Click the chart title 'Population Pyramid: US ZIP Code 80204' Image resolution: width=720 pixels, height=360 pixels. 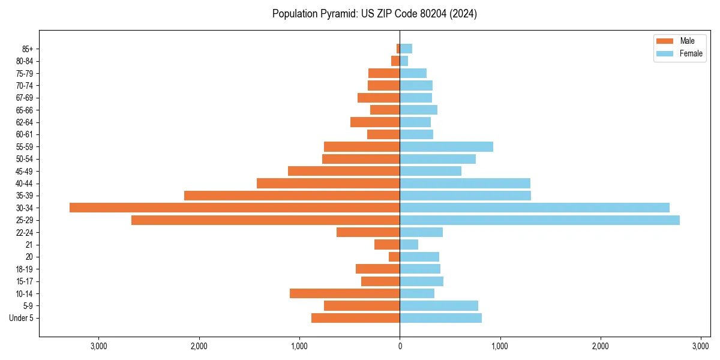pos(374,14)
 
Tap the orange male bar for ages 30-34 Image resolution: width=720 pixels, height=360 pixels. pos(235,208)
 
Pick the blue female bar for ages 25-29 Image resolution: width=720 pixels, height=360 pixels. pos(539,220)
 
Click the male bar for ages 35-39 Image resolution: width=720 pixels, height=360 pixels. pos(292,196)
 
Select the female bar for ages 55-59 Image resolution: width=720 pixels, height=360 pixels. pos(446,146)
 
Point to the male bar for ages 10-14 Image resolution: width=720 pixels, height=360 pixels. pos(344,293)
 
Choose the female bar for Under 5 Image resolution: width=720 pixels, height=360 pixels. pos(440,318)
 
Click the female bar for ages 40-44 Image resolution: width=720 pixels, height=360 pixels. pos(465,183)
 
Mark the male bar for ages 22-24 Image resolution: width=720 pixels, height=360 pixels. pos(368,232)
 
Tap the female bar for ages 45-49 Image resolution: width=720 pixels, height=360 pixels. pos(430,171)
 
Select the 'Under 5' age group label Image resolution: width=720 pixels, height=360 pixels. pos(21,318)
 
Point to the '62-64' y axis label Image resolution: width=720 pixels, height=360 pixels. pos(24,122)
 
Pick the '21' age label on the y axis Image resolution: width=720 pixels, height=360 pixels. pos(29,245)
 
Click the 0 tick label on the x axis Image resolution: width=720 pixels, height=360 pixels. pos(400,346)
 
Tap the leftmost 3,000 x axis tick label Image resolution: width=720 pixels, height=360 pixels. pos(98,346)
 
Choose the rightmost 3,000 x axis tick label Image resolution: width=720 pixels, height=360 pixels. pos(701,346)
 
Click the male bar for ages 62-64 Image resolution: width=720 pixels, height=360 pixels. pos(375,122)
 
